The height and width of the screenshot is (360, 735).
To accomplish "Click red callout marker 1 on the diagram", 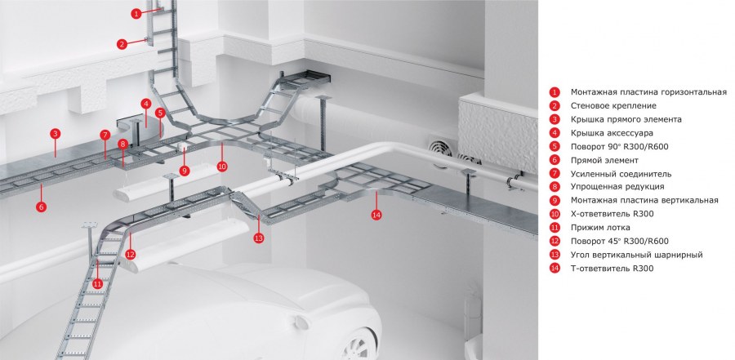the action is [136, 14].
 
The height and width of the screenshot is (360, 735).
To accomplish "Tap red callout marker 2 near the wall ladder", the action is [122, 45].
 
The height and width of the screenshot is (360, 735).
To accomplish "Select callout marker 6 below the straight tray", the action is [42, 207].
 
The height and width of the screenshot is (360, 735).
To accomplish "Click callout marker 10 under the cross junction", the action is [222, 166].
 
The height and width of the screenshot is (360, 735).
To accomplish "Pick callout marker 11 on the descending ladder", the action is [97, 283].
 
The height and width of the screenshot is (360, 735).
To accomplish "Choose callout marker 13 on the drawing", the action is [259, 238].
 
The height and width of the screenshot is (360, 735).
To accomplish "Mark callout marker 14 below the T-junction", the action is [376, 215].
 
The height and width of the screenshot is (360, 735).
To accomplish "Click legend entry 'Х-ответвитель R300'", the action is [612, 214].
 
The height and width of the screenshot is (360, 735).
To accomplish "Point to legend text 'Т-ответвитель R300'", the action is [612, 269].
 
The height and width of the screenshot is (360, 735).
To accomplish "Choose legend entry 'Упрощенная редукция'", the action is [617, 187].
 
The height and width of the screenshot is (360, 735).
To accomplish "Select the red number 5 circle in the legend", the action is [555, 147].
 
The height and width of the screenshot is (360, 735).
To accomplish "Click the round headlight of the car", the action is [300, 322].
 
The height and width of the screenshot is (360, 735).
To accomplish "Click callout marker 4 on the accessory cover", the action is [146, 104].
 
